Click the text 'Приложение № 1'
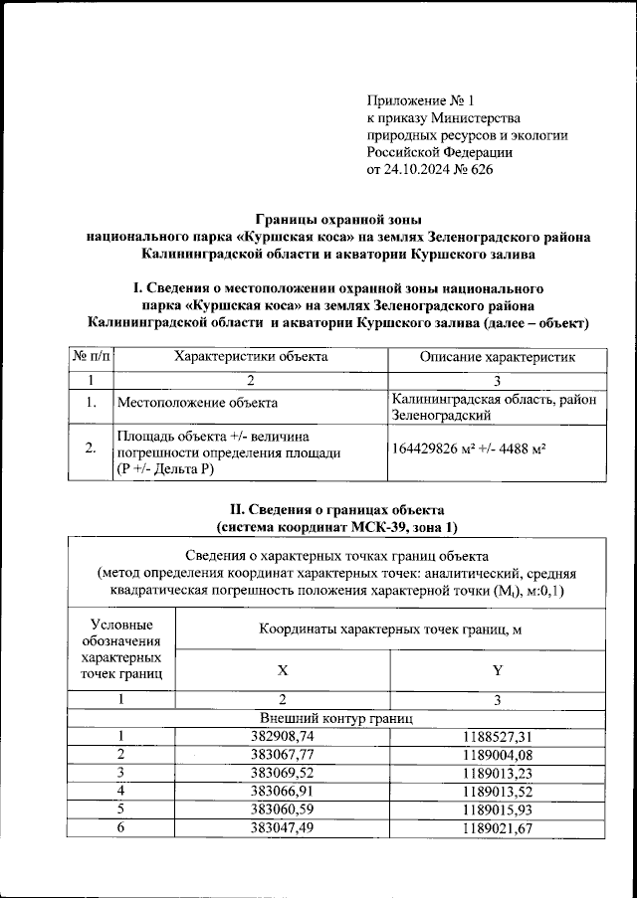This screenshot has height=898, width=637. (423, 100)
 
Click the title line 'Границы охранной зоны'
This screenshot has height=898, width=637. (338, 219)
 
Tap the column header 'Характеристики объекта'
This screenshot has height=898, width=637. (250, 356)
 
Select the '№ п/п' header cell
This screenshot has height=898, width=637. (90, 356)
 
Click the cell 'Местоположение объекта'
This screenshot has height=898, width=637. (197, 403)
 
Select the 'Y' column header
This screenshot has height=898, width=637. (497, 670)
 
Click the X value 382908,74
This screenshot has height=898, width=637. (282, 736)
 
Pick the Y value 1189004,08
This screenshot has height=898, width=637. (497, 754)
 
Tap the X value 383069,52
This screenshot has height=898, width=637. (282, 773)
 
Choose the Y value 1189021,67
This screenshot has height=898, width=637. (497, 827)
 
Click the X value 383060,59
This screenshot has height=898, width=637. (282, 809)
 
